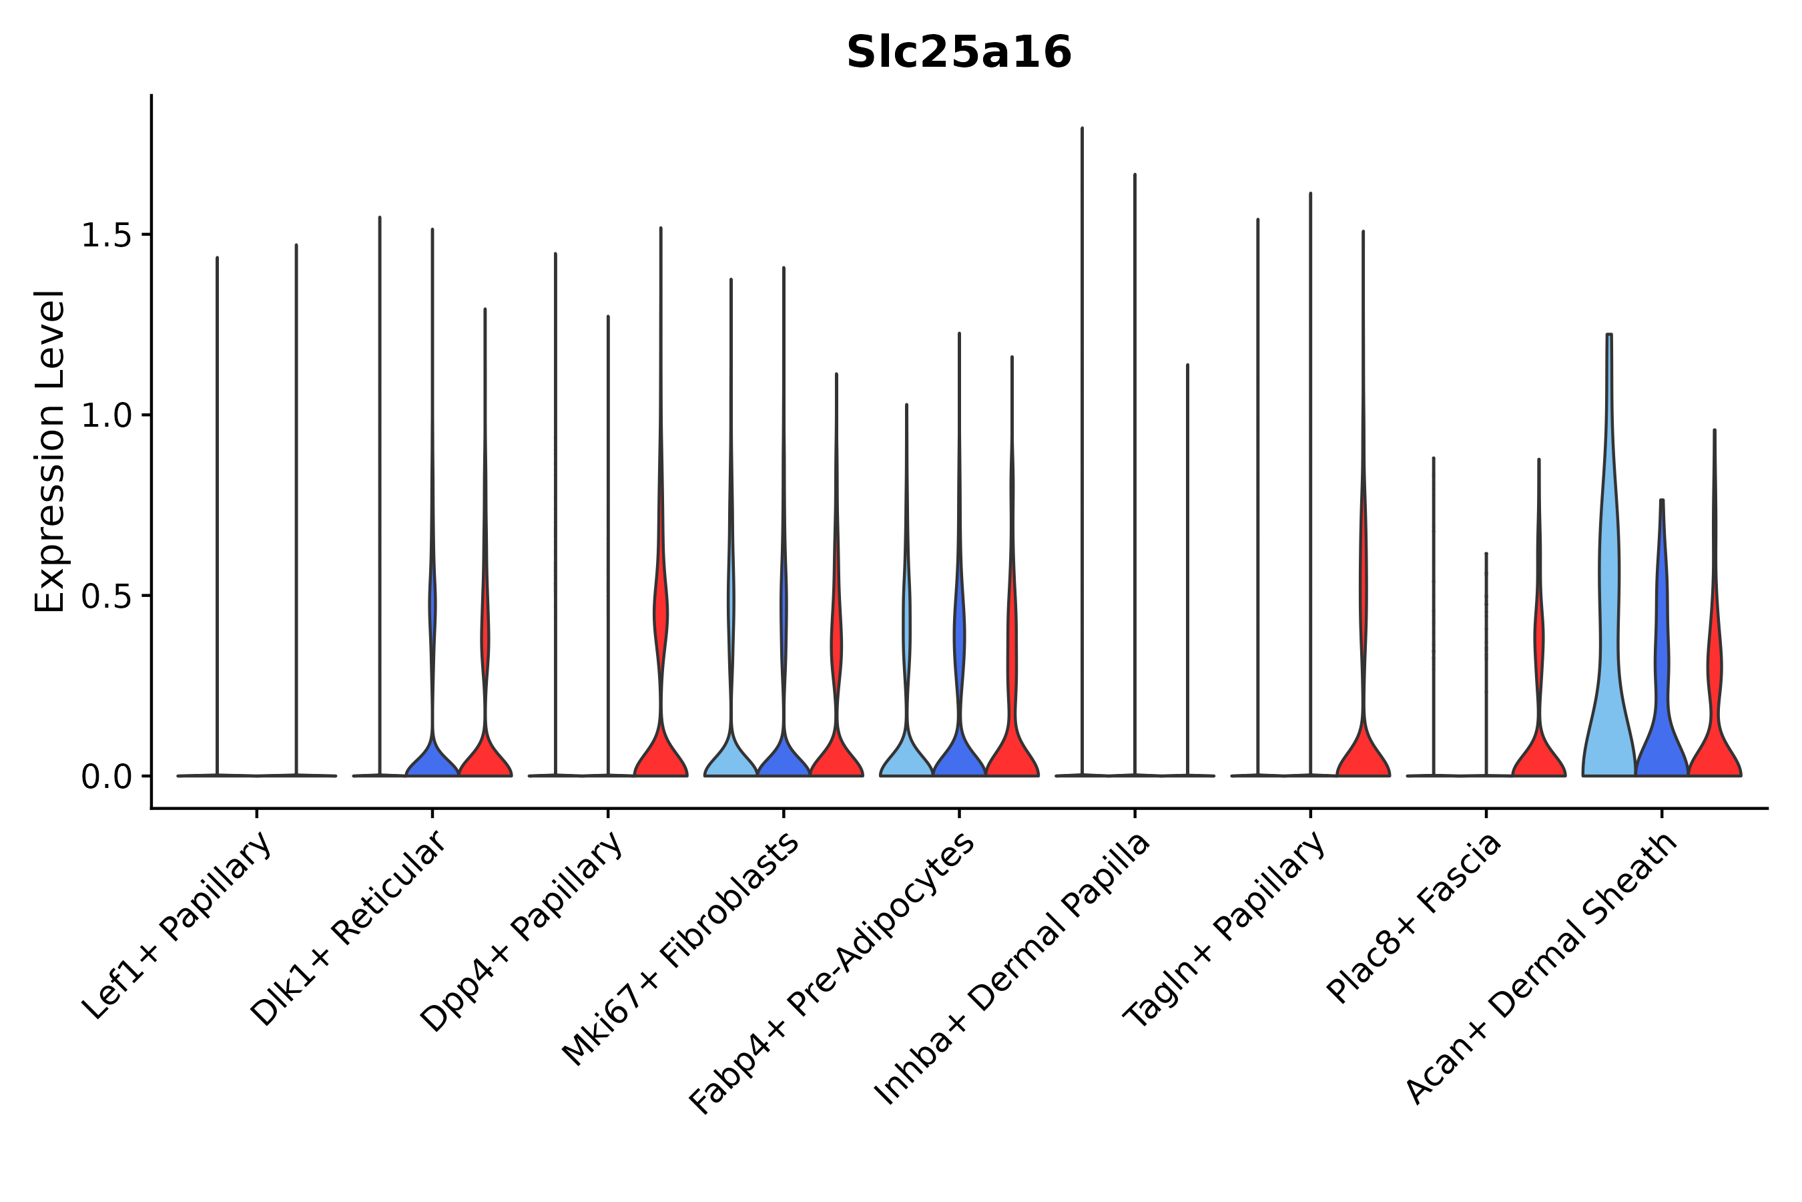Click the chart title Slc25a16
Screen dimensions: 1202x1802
click(958, 53)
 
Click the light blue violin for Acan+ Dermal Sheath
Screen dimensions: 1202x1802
click(1609, 652)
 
